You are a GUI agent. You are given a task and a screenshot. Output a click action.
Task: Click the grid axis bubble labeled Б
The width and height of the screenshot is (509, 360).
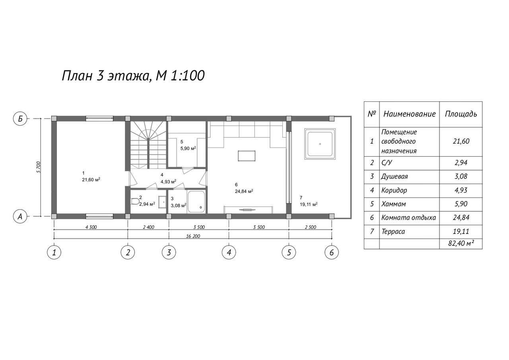(x=20, y=119)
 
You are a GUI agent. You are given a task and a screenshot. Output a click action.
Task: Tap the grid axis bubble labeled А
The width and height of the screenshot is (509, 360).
(x=20, y=216)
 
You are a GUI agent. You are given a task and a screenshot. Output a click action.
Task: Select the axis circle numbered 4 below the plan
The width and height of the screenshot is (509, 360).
(x=229, y=253)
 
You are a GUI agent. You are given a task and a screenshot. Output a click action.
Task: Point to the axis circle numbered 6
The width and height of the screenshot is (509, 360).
(x=332, y=253)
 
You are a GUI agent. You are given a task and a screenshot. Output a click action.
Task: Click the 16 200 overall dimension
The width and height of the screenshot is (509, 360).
(x=193, y=236)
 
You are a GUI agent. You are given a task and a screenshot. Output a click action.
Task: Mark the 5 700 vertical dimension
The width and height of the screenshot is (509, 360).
(x=39, y=167)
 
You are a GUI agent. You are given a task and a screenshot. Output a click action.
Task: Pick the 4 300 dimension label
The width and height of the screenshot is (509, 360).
(x=91, y=227)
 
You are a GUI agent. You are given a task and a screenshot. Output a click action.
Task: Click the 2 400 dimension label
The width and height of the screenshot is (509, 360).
(x=149, y=227)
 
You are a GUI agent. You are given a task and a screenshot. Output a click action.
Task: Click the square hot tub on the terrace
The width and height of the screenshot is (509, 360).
(x=320, y=144)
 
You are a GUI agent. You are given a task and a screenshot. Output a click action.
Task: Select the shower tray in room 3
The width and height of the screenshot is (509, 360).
(x=196, y=202)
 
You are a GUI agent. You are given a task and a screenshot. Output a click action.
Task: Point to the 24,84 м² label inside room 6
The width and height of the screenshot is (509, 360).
(x=244, y=191)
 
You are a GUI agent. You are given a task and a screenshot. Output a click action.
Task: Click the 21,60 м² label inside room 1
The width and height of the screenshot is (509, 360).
(x=91, y=180)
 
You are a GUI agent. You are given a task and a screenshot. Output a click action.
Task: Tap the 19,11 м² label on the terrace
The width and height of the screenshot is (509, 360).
(x=309, y=204)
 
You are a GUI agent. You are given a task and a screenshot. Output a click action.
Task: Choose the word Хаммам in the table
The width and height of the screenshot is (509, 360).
(x=394, y=204)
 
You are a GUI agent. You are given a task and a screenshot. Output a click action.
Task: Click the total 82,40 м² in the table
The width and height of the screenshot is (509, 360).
(x=461, y=243)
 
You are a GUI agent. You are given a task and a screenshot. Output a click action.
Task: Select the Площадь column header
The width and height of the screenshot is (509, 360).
(x=461, y=114)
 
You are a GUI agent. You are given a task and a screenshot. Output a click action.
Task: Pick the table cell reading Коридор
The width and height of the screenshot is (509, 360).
(x=394, y=190)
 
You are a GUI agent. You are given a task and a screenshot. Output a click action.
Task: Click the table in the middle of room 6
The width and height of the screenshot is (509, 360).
(x=247, y=156)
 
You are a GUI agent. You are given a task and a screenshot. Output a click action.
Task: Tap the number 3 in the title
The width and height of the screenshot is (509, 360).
(x=100, y=76)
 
